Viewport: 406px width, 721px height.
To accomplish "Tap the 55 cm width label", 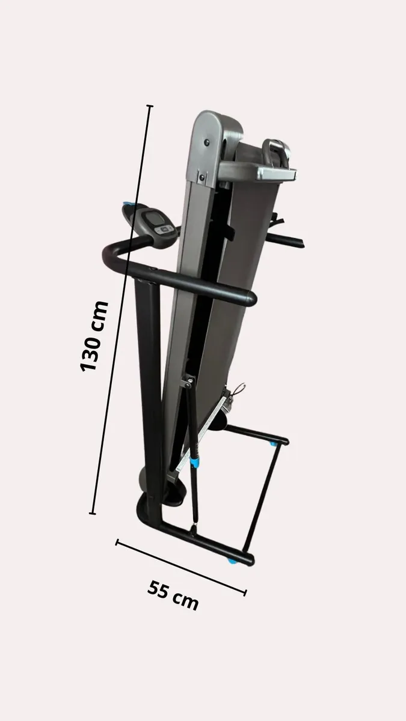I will tap(173, 595).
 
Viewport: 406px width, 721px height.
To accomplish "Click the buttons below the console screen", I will tap(162, 229).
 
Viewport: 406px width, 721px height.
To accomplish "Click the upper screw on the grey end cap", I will tap(206, 142).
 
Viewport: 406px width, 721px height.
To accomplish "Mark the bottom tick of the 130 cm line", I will tap(93, 514).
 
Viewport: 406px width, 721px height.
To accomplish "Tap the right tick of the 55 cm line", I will tap(245, 592).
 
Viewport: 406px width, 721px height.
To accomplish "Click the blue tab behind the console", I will tap(128, 206).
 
